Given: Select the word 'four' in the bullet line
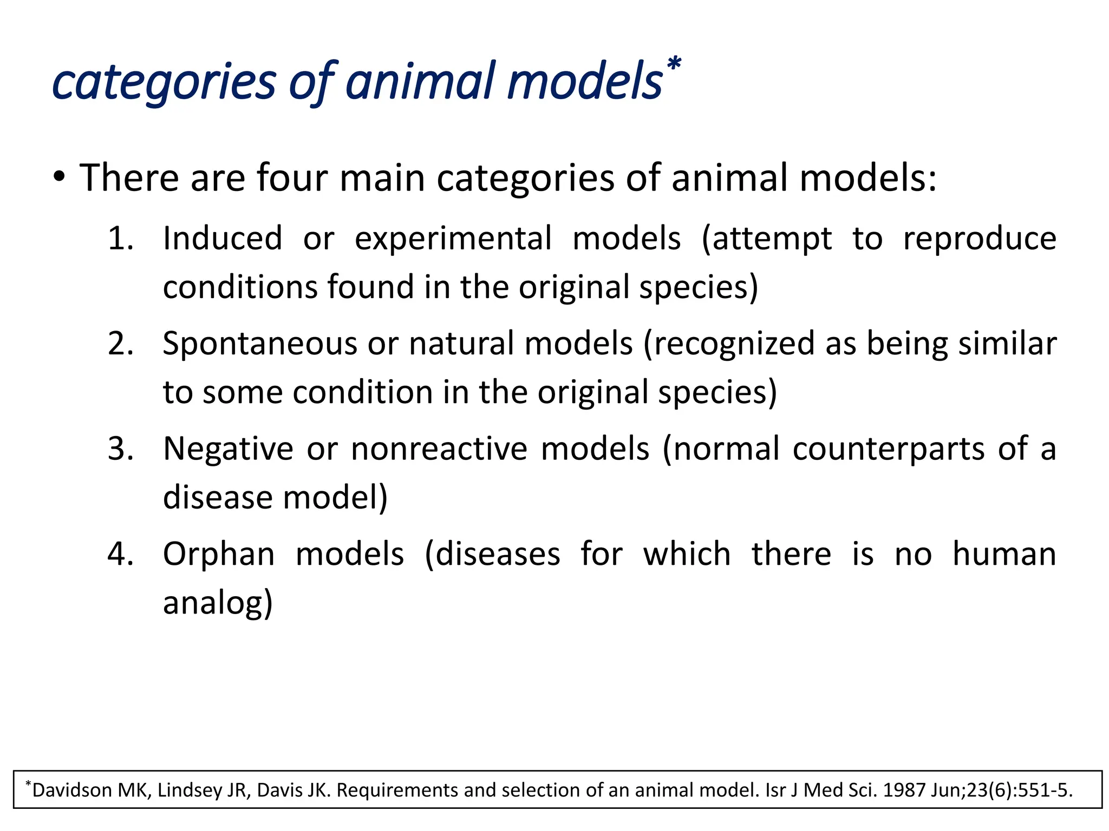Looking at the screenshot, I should (x=292, y=178).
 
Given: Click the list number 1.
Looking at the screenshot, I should (x=120, y=239).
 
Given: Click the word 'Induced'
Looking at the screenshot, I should (x=223, y=239).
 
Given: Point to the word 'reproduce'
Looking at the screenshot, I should (x=979, y=239).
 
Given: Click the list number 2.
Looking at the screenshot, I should (x=120, y=344).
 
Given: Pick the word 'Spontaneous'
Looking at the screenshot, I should (x=260, y=345).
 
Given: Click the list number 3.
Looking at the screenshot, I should (x=120, y=449).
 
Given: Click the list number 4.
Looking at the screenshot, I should (x=120, y=555).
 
